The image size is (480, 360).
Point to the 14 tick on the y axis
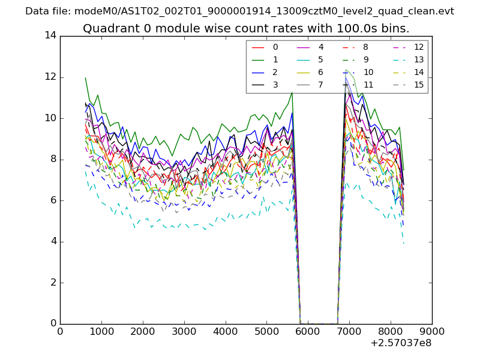click(50, 35)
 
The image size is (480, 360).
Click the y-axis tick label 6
click(53, 200)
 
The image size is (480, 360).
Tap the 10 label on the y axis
click(50, 118)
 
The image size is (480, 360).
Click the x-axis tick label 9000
click(432, 331)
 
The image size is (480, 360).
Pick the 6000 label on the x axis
click(308, 331)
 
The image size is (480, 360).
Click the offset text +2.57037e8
click(401, 343)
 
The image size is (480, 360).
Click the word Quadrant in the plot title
click(106, 28)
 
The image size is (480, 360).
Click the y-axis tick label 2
click(53, 283)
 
